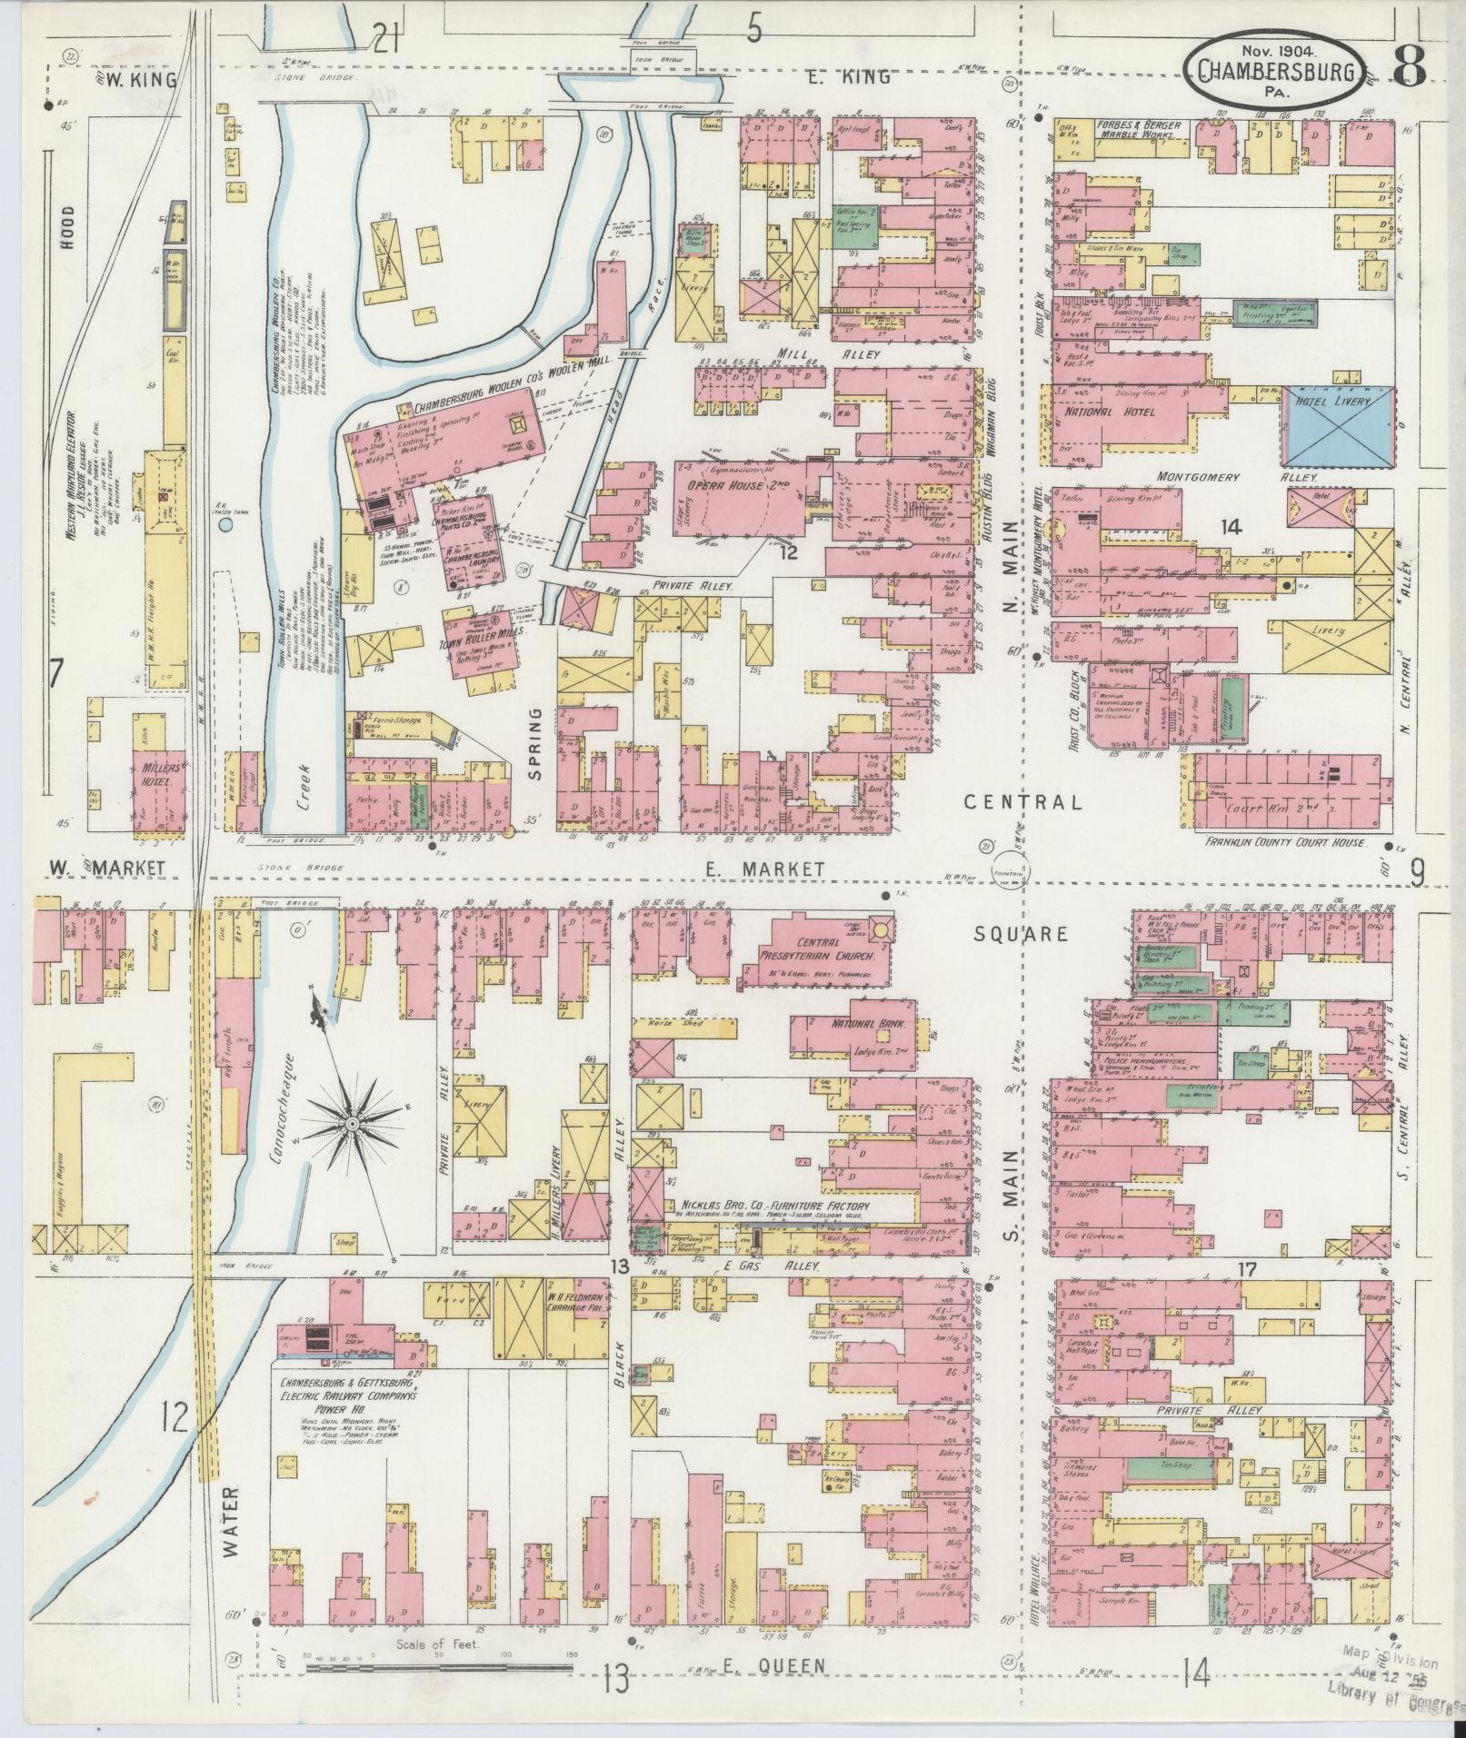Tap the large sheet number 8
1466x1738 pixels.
click(x=1410, y=65)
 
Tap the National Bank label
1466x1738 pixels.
click(x=852, y=1024)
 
